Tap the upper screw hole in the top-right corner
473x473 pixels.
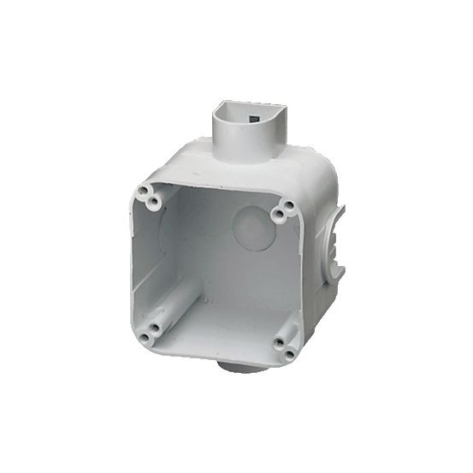pyautogui.click(x=288, y=205)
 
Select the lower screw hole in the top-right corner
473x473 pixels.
pyautogui.click(x=278, y=215)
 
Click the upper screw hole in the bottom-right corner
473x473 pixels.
pyautogui.click(x=279, y=344)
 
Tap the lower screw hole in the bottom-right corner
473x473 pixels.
pyautogui.click(x=288, y=353)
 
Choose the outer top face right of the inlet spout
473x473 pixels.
pyautogui.click(x=295, y=167)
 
